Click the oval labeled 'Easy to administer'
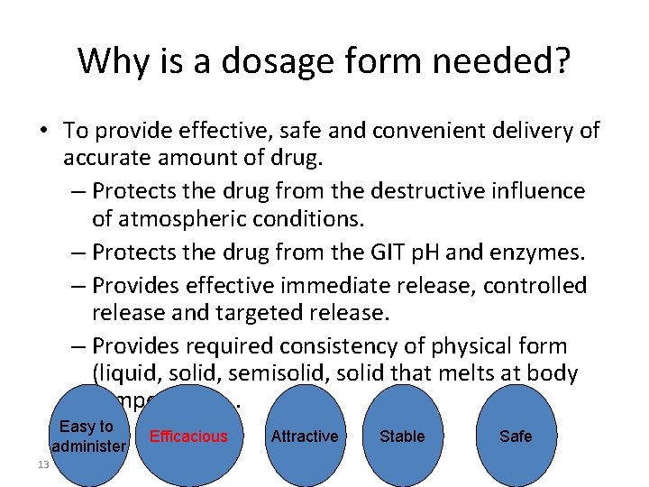pyautogui.click(x=87, y=436)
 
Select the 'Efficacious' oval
pyautogui.click(x=188, y=436)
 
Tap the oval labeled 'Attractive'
pyautogui.click(x=305, y=436)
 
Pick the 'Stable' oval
pyautogui.click(x=402, y=436)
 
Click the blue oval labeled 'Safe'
pyautogui.click(x=516, y=436)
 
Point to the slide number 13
pyautogui.click(x=43, y=464)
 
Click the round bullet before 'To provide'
pyautogui.click(x=43, y=132)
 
